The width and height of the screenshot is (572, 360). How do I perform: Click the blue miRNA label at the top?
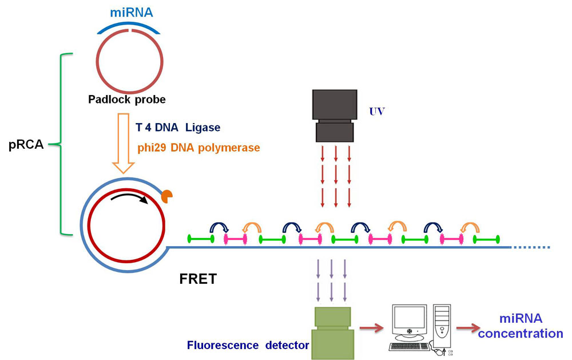(131, 12)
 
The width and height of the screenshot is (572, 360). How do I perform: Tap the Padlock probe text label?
(126, 100)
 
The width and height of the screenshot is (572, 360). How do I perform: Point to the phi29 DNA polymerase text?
(198, 147)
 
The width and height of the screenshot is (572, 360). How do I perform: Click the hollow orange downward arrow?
(124, 143)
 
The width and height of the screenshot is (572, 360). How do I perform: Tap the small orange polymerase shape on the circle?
(167, 196)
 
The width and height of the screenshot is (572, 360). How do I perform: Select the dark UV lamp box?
(335, 115)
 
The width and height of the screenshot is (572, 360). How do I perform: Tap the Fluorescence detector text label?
(248, 346)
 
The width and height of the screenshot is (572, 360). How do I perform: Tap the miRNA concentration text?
(520, 326)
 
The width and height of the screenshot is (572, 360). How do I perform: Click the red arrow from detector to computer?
(371, 329)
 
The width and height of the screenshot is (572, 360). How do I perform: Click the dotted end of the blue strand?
(532, 247)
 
